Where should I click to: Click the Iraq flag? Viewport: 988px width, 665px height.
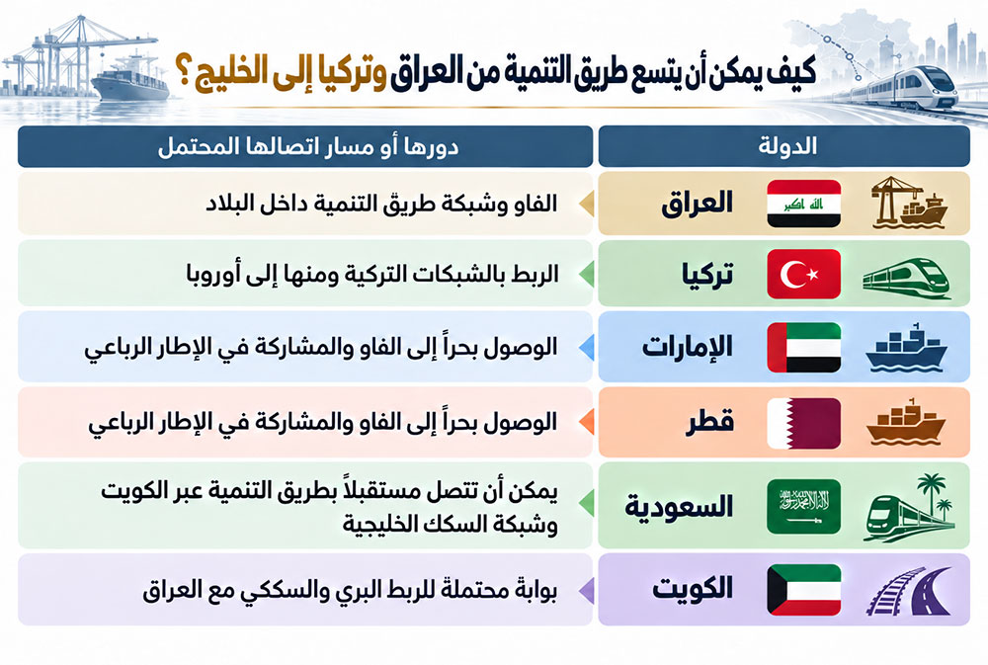[803, 203]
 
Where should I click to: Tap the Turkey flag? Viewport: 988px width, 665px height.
[803, 274]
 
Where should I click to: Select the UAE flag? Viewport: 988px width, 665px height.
[803, 347]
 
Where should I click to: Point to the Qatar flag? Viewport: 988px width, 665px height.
[803, 423]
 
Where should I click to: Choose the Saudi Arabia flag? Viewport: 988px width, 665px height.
[803, 506]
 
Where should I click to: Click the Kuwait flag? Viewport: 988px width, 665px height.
[803, 589]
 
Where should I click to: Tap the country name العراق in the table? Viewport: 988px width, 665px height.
[697, 203]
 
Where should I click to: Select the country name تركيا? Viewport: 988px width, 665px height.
[707, 275]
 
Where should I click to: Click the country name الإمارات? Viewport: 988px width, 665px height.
[687, 347]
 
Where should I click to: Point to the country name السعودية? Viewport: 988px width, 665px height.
[679, 507]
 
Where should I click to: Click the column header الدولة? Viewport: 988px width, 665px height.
[787, 146]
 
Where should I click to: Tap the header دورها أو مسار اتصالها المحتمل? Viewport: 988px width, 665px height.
[308, 146]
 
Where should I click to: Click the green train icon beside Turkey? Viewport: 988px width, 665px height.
[906, 278]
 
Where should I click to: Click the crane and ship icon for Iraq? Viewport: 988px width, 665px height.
[909, 203]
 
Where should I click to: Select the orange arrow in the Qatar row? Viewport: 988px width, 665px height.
[587, 422]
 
